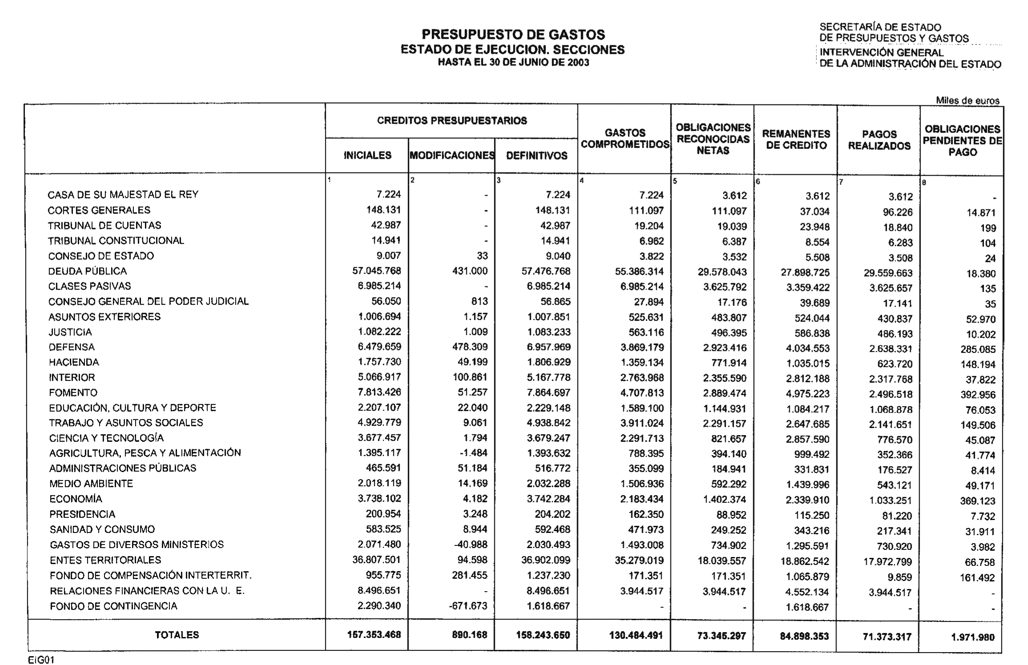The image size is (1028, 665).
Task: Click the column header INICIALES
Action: [x=367, y=156]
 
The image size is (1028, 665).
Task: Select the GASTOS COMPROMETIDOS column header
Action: [x=625, y=139]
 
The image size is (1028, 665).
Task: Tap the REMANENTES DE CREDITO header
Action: [x=796, y=140]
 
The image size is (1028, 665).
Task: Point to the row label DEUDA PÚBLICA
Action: [x=88, y=271]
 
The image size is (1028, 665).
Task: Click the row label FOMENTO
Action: [x=73, y=393]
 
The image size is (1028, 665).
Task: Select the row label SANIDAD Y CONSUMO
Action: [x=102, y=529]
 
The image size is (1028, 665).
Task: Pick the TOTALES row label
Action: [x=177, y=635]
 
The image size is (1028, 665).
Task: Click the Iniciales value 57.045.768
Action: [x=377, y=271]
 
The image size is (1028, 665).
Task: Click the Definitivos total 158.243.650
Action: [x=543, y=635]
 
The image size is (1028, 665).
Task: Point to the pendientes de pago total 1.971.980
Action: [x=973, y=637]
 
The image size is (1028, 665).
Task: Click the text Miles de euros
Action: [x=968, y=100]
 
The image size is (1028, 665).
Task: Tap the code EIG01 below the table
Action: [x=41, y=660]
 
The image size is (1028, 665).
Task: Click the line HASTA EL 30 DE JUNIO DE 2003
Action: [x=513, y=63]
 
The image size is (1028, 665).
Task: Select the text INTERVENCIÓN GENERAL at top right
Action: [x=881, y=52]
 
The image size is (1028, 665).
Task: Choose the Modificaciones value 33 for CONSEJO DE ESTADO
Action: [x=482, y=256]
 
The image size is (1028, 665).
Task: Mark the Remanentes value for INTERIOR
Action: [x=807, y=379]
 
